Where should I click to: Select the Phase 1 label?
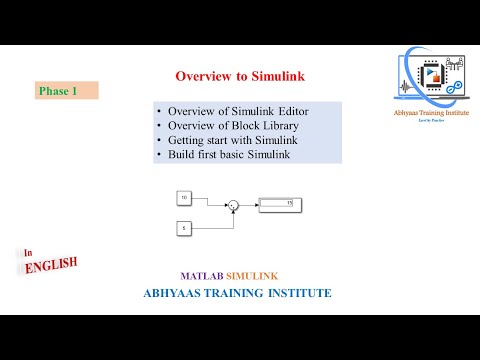[x=58, y=91]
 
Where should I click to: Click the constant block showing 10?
[x=184, y=198]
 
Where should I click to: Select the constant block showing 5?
[x=184, y=229]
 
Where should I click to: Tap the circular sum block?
[x=233, y=206]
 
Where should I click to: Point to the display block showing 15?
[x=281, y=205]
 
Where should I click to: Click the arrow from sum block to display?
[x=250, y=206]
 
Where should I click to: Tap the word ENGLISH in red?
[x=51, y=267]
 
